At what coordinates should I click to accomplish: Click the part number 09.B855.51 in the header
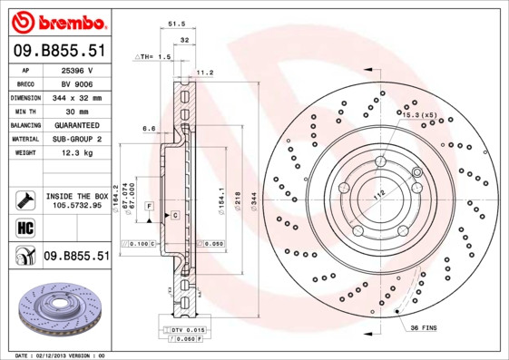(60, 52)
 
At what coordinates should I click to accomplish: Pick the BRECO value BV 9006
(76, 83)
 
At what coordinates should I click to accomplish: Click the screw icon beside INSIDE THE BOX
(24, 199)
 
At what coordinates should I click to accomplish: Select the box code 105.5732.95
(76, 205)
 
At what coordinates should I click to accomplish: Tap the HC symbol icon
(24, 228)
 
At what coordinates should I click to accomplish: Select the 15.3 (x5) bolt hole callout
(418, 115)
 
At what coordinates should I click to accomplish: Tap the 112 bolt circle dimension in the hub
(378, 193)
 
